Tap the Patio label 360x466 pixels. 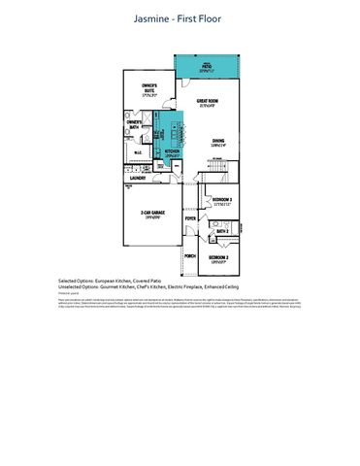[206, 66]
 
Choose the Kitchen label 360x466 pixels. [174, 152]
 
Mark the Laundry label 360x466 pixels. [139, 178]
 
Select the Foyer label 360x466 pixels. [190, 220]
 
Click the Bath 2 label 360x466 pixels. [223, 231]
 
